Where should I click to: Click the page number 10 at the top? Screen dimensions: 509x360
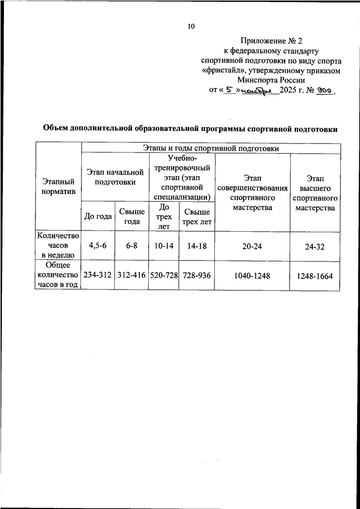coord(191,26)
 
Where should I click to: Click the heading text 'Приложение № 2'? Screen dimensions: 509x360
coord(271,41)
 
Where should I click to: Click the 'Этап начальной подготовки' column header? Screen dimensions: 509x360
coord(114,176)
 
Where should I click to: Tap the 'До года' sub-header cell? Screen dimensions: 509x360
coord(98,215)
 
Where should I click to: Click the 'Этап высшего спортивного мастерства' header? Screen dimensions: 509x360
coord(314,193)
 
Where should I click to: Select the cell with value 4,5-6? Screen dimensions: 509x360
coord(98,246)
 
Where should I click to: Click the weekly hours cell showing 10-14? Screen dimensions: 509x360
coord(163,246)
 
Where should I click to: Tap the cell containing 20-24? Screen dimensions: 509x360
coord(251,246)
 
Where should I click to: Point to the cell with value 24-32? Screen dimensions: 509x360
coord(314,246)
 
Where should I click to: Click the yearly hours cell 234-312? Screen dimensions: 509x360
coord(98,276)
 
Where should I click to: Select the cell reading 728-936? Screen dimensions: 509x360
coord(196,276)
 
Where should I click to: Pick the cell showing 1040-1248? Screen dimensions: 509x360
coord(251,276)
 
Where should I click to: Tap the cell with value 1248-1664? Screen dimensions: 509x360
coord(314,276)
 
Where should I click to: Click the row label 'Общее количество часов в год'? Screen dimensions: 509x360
coord(58,276)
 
